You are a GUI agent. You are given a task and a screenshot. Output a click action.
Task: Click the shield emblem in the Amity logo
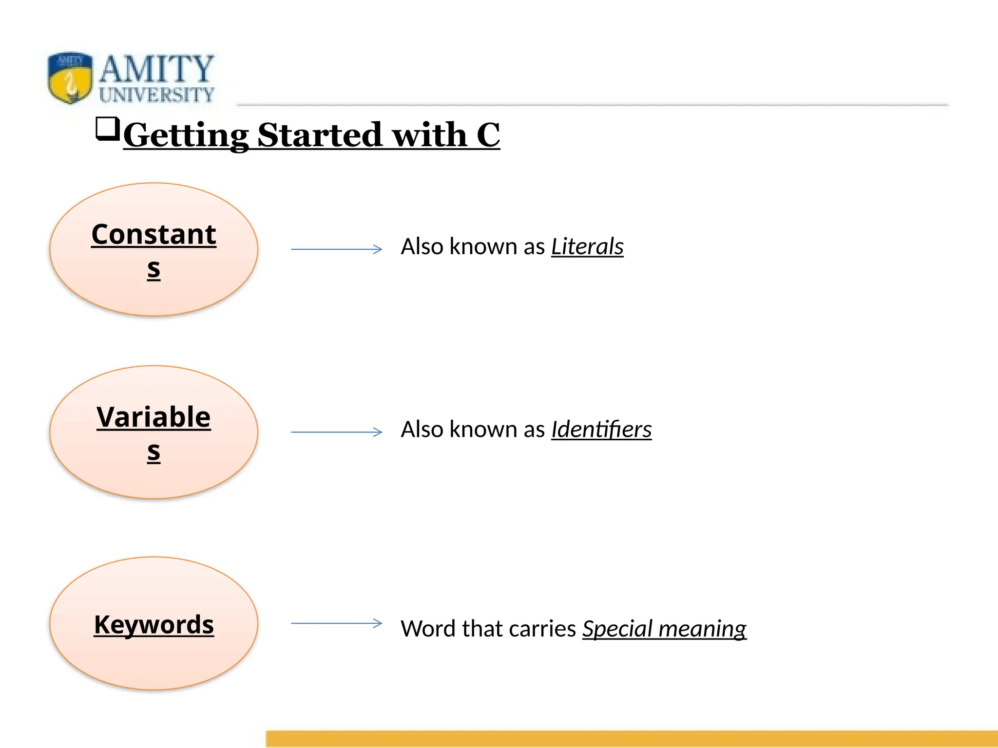coord(70,78)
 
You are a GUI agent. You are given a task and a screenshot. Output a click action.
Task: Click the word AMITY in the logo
coord(156,69)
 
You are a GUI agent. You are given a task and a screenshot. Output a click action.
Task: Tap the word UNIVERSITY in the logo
coord(156,94)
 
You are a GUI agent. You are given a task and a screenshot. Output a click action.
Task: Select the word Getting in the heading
coord(186,135)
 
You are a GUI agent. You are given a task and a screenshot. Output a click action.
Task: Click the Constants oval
coord(154,249)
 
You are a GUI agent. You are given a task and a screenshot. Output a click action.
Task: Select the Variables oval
coord(154,432)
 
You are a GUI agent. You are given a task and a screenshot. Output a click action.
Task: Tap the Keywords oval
coord(154,623)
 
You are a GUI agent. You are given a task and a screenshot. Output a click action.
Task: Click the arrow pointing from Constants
coord(336,249)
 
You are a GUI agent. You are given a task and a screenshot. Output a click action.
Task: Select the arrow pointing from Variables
coord(336,432)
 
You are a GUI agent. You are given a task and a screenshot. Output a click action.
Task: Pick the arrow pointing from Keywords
coord(336,623)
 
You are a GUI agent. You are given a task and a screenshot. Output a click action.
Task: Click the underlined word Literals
coord(587,246)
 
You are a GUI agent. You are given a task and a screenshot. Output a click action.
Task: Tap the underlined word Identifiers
coord(601,430)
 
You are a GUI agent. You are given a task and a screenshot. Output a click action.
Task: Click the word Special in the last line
coord(617,629)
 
